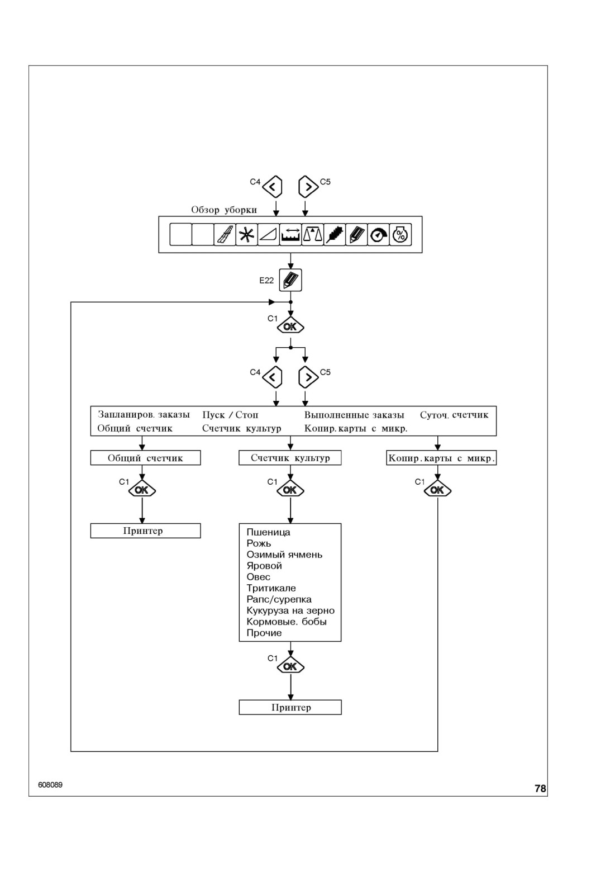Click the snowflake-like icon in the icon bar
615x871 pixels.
(x=246, y=234)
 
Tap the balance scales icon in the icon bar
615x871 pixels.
(x=312, y=234)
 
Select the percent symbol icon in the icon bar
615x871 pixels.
(x=400, y=234)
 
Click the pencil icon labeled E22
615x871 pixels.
(x=290, y=280)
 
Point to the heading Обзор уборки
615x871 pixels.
(x=224, y=210)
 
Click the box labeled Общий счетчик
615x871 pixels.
(x=145, y=458)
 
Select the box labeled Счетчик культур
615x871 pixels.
(x=290, y=458)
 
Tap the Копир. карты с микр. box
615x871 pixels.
(x=441, y=458)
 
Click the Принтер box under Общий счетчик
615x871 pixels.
(x=145, y=531)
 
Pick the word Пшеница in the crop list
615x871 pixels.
(x=268, y=532)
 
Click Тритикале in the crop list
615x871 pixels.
(x=271, y=588)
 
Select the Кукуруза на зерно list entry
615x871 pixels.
(x=290, y=610)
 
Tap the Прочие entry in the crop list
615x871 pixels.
(x=264, y=633)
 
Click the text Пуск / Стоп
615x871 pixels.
(x=230, y=415)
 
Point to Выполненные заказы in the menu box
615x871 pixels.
(x=354, y=415)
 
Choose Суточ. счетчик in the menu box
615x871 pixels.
(x=454, y=415)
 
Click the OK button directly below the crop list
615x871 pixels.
(x=290, y=667)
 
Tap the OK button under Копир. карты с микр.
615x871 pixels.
(x=437, y=490)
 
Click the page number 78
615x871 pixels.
(x=540, y=788)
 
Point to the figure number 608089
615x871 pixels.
(x=50, y=785)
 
